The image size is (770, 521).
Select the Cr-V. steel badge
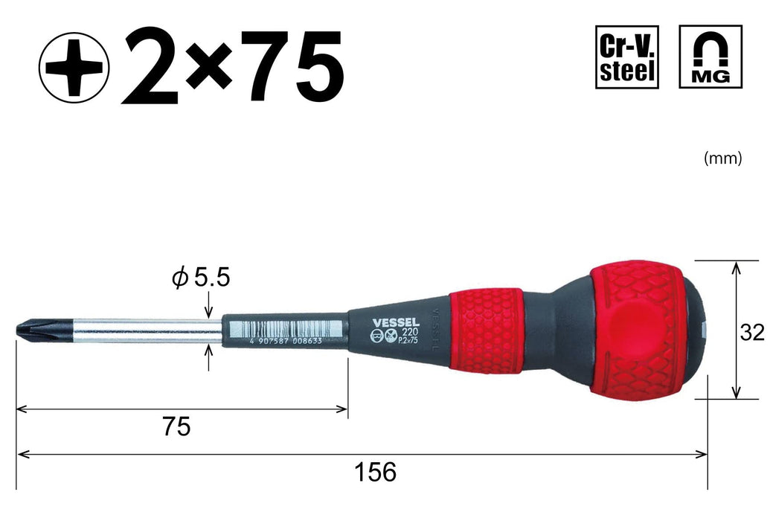pos(626,57)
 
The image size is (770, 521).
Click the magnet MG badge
pos(710,57)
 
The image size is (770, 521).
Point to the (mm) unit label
pos(722,159)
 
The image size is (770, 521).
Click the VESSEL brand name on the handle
pos(395,322)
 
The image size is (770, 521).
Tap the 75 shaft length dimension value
pos(176,426)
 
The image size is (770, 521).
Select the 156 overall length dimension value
pos(376,471)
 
